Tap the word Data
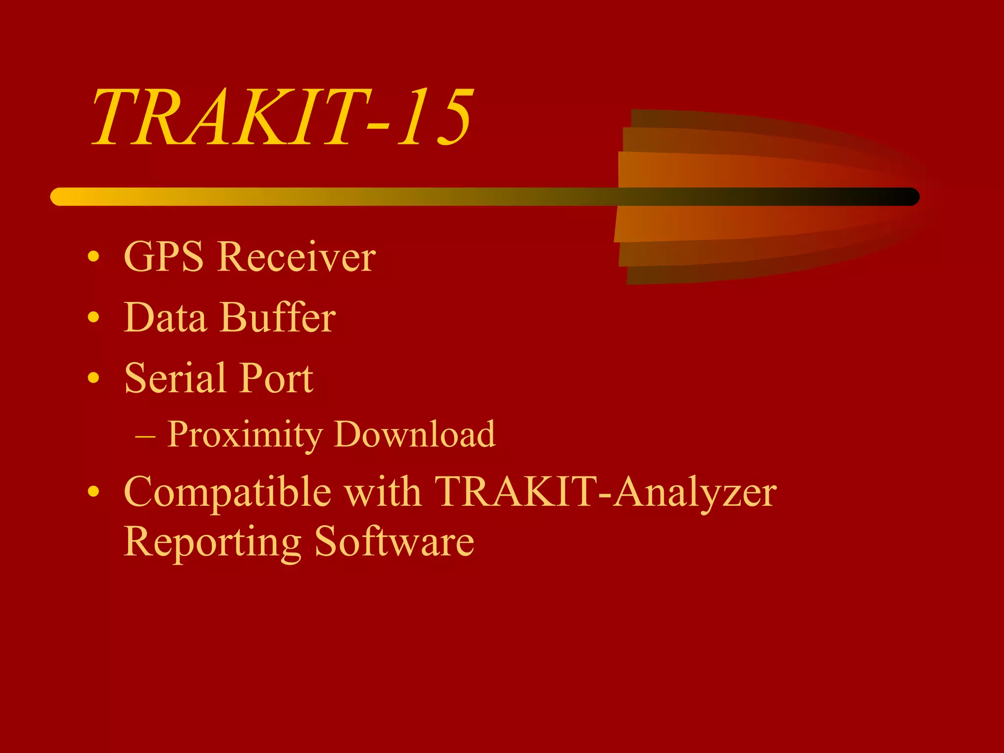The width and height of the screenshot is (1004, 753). [165, 317]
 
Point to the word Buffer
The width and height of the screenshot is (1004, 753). [278, 317]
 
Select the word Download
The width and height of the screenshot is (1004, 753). [415, 434]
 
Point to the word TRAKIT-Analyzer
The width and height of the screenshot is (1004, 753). [605, 492]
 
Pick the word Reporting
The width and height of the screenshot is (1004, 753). [212, 542]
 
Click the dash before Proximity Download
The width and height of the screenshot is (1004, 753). [145, 435]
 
